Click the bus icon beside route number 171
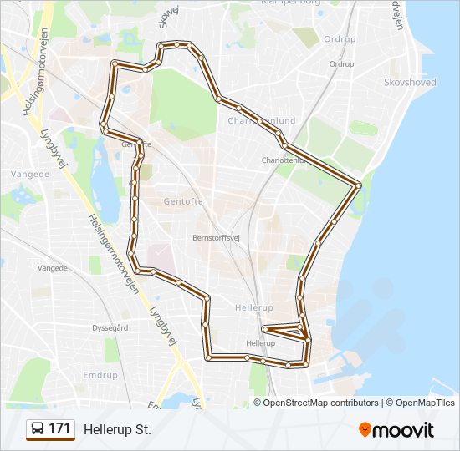click(37, 429)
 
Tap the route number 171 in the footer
click(59, 428)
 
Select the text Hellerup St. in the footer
click(117, 429)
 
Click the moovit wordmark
click(404, 430)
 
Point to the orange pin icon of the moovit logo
click(365, 429)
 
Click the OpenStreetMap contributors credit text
click(321, 403)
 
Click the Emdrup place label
click(100, 376)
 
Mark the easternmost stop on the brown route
click(359, 185)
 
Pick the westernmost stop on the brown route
click(103, 125)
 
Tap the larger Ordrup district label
click(340, 39)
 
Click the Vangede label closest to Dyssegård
click(53, 268)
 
